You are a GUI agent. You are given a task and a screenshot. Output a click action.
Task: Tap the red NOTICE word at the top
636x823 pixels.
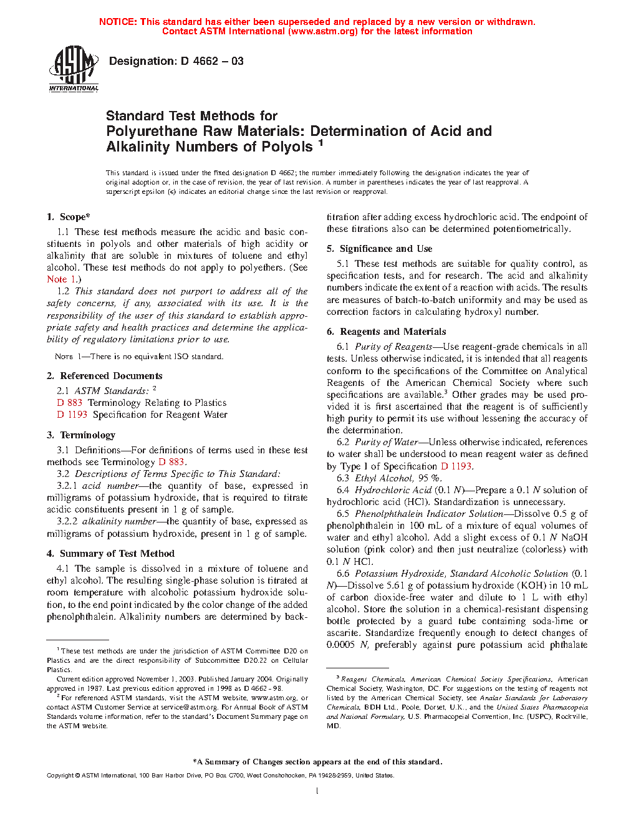point(118,22)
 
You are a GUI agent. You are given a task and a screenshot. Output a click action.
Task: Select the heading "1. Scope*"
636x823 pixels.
point(69,217)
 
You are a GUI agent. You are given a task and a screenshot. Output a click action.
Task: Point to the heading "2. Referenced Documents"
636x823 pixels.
point(105,376)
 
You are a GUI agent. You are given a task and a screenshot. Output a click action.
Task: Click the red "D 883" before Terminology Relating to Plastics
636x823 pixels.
point(70,403)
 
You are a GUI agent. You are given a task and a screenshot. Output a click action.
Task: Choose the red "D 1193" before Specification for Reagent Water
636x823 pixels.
point(72,415)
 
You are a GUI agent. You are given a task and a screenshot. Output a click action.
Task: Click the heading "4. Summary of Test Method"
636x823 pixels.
point(111,554)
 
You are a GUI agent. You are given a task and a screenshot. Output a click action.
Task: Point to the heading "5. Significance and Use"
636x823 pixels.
point(380,249)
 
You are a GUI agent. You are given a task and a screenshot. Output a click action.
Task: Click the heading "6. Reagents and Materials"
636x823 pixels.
point(387,332)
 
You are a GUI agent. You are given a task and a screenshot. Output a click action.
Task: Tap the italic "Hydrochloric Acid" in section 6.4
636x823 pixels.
point(393,490)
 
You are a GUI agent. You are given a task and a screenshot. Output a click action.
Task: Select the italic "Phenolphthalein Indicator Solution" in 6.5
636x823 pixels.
point(429,514)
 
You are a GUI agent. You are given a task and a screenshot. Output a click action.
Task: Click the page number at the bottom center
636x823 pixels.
point(317,791)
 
